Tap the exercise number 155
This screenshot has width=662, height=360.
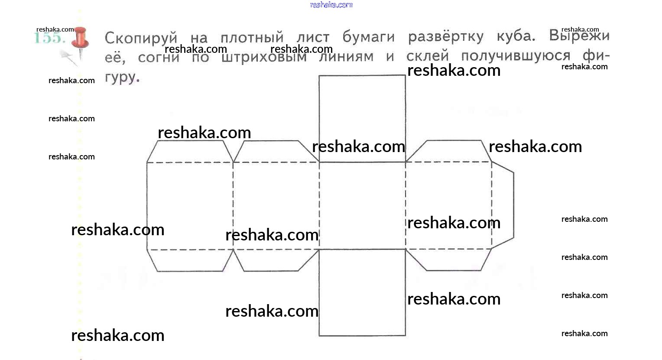coord(49,38)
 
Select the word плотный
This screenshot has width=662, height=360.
coord(252,37)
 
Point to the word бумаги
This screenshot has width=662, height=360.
coord(369,37)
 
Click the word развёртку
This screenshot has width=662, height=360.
coord(445,36)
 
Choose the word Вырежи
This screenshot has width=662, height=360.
coord(579,36)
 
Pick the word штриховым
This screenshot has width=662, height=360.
coord(264,57)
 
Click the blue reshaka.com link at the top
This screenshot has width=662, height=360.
coord(331,5)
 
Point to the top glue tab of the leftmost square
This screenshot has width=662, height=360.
coord(190,152)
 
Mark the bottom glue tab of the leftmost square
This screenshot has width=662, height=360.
coord(190,260)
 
